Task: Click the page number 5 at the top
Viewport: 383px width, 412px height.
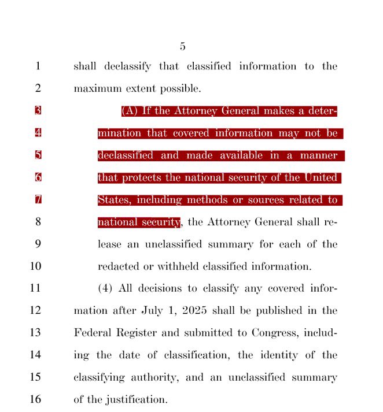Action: point(183,47)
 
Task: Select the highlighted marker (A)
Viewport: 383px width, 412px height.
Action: point(130,111)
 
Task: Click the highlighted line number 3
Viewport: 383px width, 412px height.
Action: point(38,111)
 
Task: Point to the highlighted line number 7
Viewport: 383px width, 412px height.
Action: point(38,200)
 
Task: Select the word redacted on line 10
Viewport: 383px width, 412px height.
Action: point(119,266)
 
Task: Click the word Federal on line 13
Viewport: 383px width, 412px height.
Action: point(95,333)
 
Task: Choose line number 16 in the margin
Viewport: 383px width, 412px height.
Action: point(38,399)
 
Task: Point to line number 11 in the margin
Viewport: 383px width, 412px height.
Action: point(38,288)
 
